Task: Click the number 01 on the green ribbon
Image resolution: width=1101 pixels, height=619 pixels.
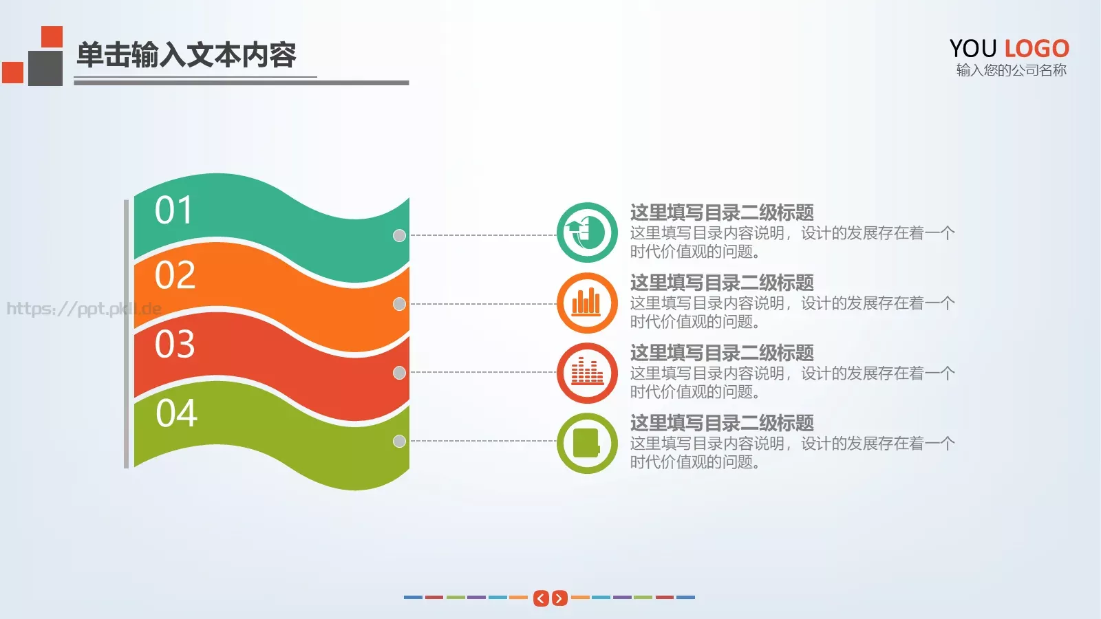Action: coord(173,210)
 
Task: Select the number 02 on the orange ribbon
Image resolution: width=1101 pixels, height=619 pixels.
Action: coord(175,275)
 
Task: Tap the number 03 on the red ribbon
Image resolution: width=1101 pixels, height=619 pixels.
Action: coord(175,344)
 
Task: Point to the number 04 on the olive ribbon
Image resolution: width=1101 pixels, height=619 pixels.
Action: coord(176,413)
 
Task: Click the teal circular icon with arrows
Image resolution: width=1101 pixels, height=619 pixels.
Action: coord(587,232)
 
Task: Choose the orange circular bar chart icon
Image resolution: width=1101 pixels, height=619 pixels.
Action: coord(587,303)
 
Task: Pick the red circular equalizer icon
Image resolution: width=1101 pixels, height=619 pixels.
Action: coord(587,373)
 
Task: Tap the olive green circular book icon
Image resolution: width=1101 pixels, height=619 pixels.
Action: coord(587,443)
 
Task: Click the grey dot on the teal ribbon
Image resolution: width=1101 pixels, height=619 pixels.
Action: coord(399,235)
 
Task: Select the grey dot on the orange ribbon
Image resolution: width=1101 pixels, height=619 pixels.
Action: coord(399,304)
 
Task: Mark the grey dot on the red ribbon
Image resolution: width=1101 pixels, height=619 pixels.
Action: coord(399,373)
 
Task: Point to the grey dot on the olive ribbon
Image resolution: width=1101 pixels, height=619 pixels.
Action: coord(399,441)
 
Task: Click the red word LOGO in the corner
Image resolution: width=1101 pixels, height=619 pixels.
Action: coord(1036,49)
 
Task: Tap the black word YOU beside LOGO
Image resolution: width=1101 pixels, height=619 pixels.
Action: coord(973,49)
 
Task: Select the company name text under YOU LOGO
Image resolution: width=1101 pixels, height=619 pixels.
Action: coord(1011,70)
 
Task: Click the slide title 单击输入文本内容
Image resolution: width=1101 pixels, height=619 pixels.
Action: coord(186,55)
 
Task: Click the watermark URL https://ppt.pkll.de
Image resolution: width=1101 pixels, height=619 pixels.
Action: coord(83,308)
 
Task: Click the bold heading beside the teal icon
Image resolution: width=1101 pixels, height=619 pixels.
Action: coord(722,213)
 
